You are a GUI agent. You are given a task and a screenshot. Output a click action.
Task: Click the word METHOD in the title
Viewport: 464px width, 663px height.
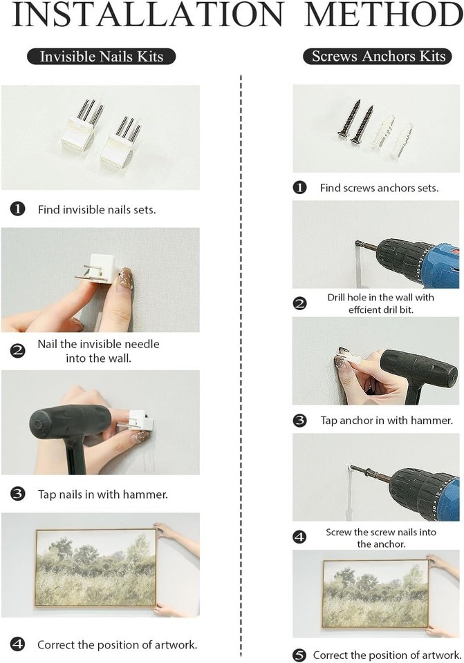coord(384,15)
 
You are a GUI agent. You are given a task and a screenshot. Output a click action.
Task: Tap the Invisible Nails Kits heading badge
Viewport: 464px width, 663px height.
coord(101,57)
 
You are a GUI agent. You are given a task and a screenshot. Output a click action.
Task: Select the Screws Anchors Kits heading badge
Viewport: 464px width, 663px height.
coord(378,56)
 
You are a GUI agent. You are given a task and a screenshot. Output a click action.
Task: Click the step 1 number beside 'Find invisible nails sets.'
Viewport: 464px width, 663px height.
coord(17,209)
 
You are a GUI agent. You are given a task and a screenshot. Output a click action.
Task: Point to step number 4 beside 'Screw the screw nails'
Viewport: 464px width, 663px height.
coord(299,537)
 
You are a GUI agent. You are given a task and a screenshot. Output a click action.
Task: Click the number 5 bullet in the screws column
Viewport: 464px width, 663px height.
coord(299,655)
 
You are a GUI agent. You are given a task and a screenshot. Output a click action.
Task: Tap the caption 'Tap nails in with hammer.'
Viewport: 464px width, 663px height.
coord(103,494)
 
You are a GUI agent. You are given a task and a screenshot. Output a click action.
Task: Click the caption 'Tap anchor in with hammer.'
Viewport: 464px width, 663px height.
coord(387,421)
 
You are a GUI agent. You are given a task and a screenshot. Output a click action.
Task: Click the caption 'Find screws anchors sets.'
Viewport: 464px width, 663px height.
coord(379,188)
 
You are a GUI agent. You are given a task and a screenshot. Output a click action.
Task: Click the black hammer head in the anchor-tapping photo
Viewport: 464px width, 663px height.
coord(418,371)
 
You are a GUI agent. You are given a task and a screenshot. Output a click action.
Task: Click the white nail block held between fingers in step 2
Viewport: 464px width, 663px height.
coord(103,270)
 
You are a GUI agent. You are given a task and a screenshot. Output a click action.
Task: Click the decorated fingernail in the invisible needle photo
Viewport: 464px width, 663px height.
coord(126,278)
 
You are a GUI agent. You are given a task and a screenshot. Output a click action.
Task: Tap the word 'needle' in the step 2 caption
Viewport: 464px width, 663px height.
coord(140,344)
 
